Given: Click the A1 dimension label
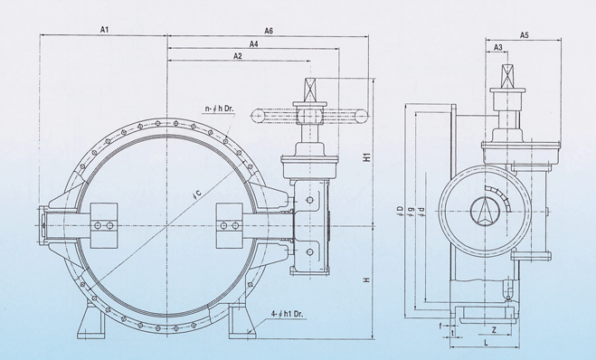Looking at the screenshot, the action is [x=105, y=29].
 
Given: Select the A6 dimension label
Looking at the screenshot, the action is [x=269, y=31].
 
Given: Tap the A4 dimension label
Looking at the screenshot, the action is [x=254, y=43].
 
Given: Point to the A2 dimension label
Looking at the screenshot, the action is [x=238, y=56].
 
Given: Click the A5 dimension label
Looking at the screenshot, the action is [x=525, y=35].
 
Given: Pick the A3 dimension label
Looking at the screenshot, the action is [x=498, y=47].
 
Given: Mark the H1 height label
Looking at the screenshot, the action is [x=367, y=157].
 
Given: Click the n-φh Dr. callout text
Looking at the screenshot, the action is [x=220, y=109].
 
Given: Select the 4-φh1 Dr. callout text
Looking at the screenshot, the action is [x=289, y=314].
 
